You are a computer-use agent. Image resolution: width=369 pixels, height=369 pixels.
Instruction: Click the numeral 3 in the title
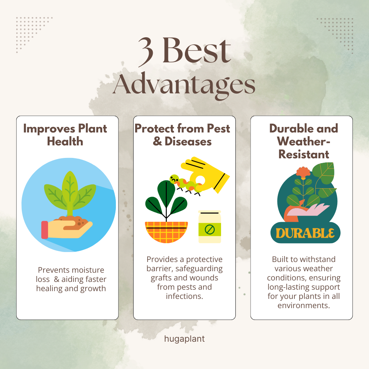click(x=146, y=52)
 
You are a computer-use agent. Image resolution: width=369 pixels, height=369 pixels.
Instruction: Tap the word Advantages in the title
click(x=184, y=86)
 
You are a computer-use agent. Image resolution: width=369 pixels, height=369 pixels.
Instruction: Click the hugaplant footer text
click(x=184, y=339)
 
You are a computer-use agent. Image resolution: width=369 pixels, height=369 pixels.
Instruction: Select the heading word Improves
click(x=49, y=129)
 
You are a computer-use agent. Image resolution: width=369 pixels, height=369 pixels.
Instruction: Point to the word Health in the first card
click(x=65, y=142)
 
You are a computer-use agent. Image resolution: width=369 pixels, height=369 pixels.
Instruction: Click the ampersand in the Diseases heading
click(x=158, y=141)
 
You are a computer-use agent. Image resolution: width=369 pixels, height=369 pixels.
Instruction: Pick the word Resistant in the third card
click(x=304, y=155)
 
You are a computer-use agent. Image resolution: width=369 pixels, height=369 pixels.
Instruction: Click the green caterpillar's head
click(x=175, y=179)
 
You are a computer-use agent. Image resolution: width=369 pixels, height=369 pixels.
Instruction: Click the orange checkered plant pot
click(x=166, y=232)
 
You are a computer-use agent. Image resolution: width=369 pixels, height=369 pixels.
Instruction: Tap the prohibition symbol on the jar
click(x=210, y=229)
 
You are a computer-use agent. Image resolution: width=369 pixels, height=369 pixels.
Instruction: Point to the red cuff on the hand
click(x=45, y=230)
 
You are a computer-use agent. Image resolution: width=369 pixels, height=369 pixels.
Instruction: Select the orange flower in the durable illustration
click(x=303, y=172)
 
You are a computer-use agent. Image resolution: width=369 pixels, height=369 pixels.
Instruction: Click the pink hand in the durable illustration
click(x=308, y=210)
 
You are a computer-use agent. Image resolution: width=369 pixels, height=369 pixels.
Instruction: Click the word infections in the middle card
click(x=184, y=296)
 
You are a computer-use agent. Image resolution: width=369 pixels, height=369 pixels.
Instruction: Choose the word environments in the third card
click(x=304, y=306)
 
